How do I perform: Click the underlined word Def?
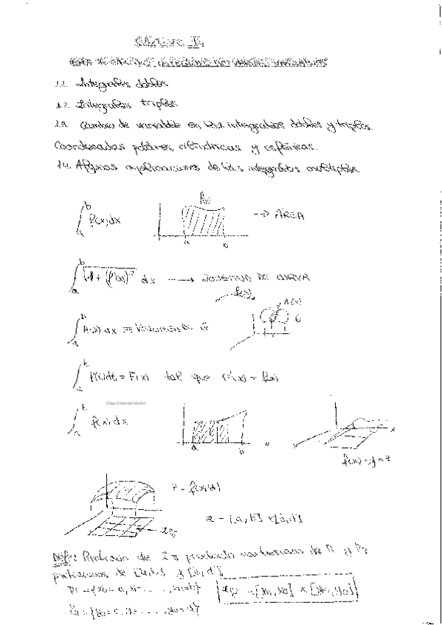[63, 557]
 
